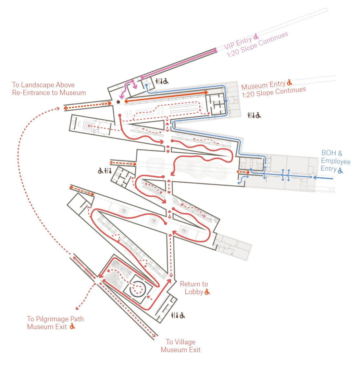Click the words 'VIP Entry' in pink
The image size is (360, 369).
pos(238,43)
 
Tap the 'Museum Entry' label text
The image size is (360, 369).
pos(263,85)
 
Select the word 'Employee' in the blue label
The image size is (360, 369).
pos(336,161)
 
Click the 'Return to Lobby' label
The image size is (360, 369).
pos(194,288)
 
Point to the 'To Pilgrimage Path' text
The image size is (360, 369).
pos(56,319)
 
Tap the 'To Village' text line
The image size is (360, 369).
pos(180,342)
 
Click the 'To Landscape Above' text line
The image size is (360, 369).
pos(43,85)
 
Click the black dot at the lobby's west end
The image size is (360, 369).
pos(118,102)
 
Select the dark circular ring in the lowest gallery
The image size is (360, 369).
pos(138,289)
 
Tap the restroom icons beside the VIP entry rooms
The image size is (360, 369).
pos(162,81)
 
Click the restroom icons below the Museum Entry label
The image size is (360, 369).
pos(254,115)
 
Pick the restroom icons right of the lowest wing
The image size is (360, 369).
pos(178,315)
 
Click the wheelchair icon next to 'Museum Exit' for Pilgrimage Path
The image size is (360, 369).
pos(73,327)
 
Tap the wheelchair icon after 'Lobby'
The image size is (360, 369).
pos(207,292)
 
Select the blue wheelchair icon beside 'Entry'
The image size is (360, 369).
pos(340,170)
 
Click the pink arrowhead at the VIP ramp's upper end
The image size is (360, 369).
pos(214,50)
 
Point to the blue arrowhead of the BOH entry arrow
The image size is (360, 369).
pos(315,177)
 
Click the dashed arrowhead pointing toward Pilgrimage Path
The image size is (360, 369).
pos(77,308)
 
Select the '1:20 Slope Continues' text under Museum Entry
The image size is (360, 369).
pos(274,92)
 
